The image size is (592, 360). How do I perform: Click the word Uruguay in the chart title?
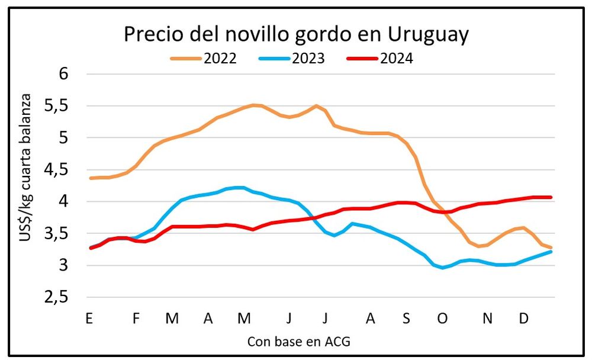pyautogui.click(x=429, y=36)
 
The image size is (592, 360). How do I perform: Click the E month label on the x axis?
pyautogui.click(x=89, y=319)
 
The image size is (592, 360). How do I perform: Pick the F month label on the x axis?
pyautogui.click(x=136, y=319)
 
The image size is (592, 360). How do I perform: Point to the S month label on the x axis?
pyautogui.click(x=406, y=319)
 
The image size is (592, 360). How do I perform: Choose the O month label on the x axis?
pyautogui.click(x=442, y=319)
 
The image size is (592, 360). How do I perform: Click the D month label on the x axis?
pyautogui.click(x=523, y=319)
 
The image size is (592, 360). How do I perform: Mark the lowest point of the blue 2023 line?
pyautogui.click(x=442, y=268)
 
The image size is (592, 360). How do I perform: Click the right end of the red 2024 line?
pyautogui.click(x=551, y=197)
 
